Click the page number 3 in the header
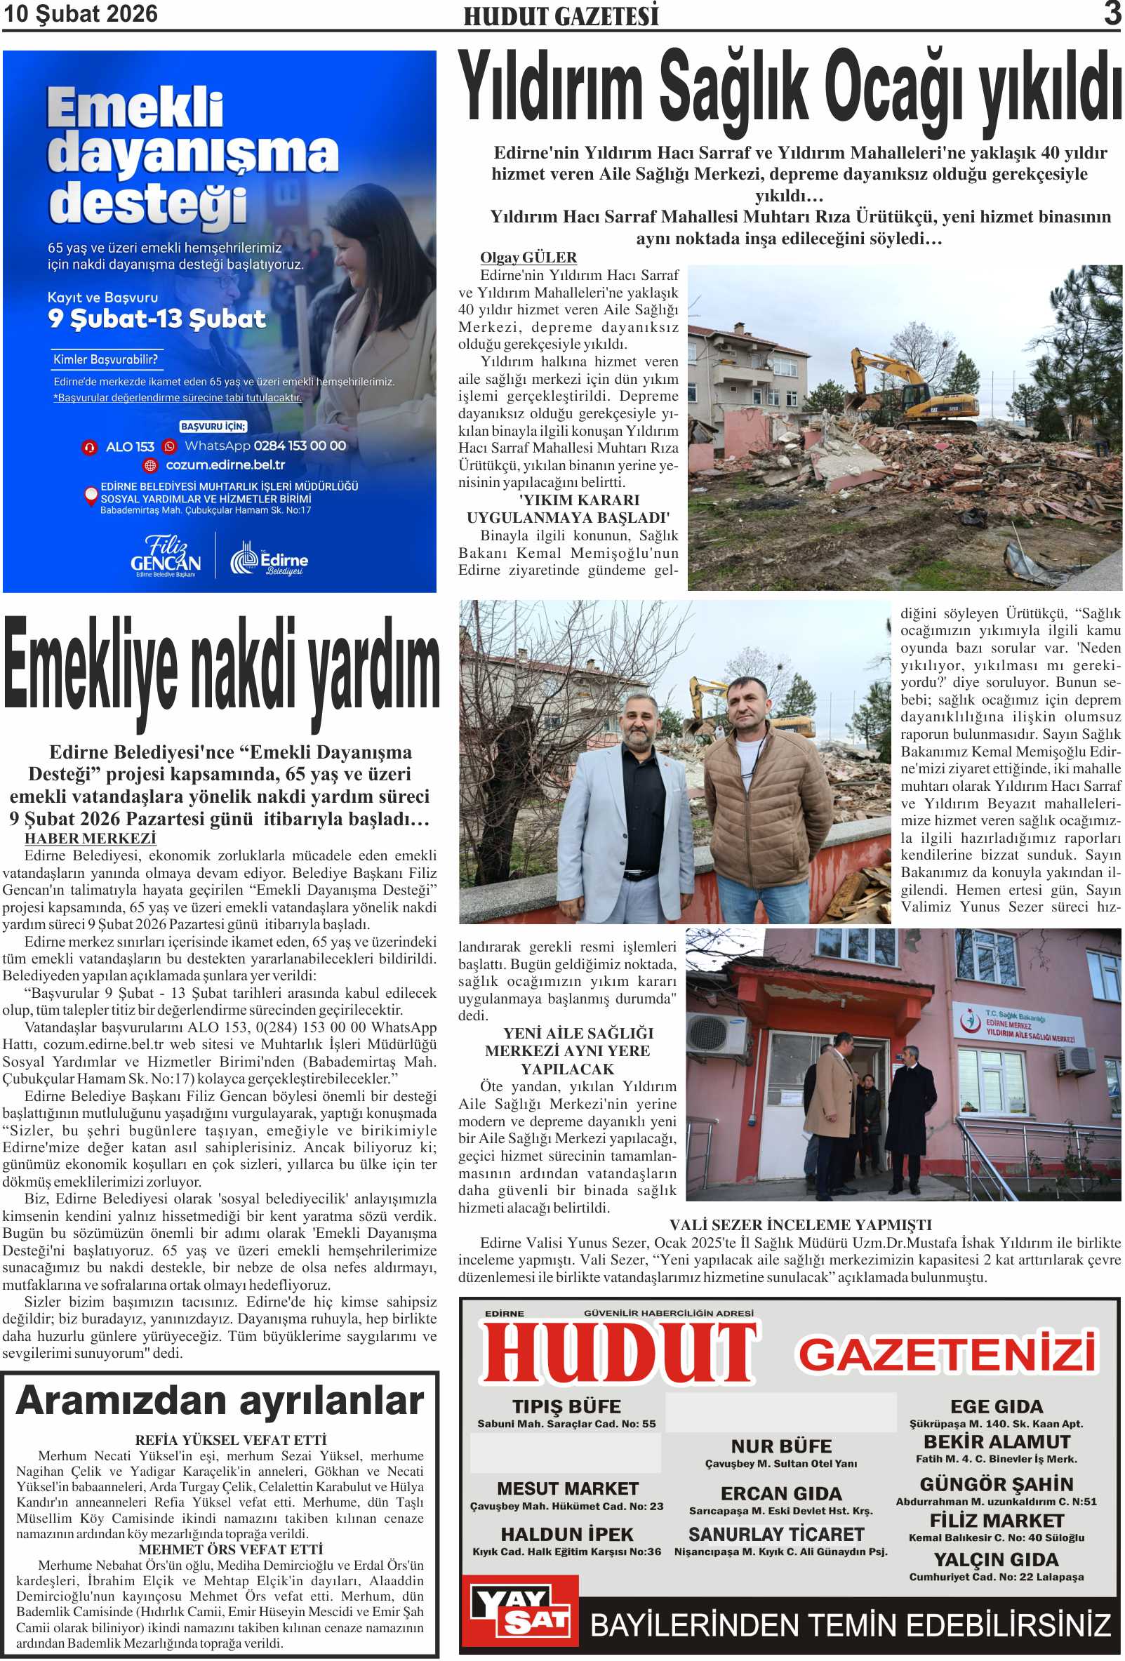click(1112, 13)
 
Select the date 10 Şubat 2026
click(81, 14)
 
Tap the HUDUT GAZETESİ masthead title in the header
click(560, 16)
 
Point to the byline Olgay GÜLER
click(528, 258)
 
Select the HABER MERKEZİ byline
click(90, 839)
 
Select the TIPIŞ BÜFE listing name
click(566, 1406)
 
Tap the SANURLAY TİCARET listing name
click(776, 1535)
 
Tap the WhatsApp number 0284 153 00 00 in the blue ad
click(300, 446)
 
